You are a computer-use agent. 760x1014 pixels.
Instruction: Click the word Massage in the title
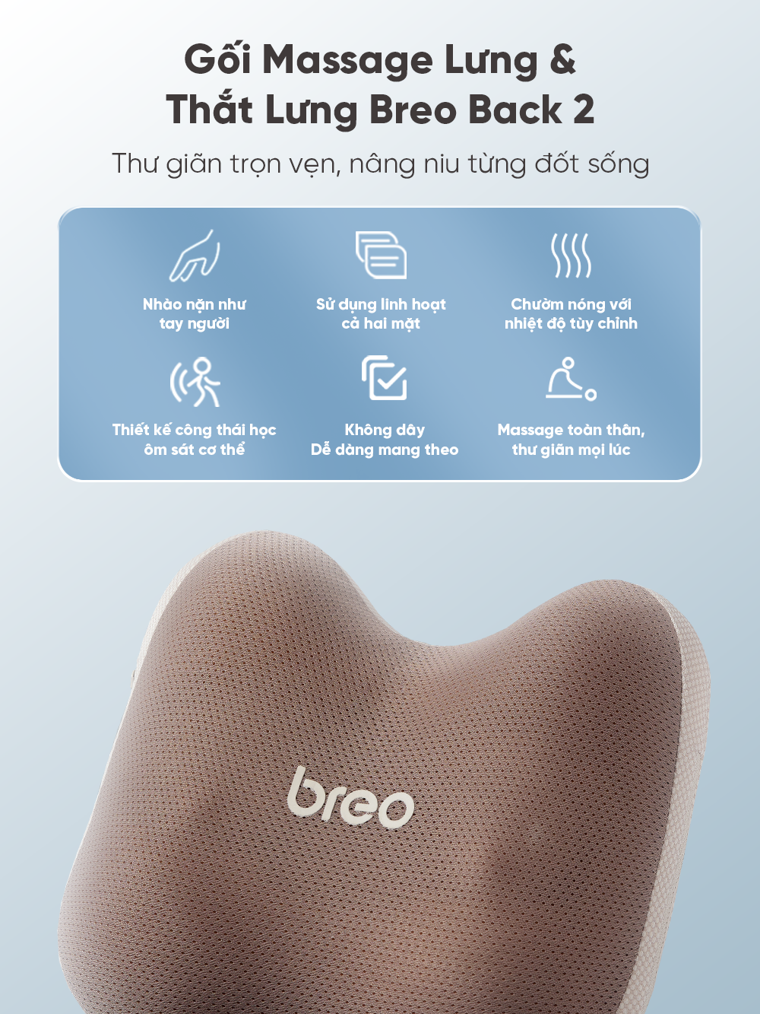point(347,61)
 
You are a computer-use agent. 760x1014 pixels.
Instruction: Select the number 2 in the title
point(583,110)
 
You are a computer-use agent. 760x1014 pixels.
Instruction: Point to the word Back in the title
point(515,110)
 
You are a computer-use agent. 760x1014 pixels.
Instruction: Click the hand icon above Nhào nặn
point(195,256)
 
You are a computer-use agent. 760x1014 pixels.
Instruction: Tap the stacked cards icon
point(381,256)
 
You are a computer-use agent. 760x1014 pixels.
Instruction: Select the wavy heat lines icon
point(571,256)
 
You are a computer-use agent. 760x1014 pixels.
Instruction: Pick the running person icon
point(195,382)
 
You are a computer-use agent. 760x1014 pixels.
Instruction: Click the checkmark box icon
point(384,378)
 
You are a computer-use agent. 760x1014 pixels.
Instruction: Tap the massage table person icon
point(571,379)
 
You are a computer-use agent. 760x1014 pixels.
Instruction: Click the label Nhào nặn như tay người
point(195,313)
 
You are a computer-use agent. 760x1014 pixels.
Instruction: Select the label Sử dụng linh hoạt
point(381,304)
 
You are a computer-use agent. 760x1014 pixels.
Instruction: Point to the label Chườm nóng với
point(571,304)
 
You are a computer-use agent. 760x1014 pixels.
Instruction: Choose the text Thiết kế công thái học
point(194,430)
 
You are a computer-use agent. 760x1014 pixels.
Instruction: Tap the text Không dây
point(385,430)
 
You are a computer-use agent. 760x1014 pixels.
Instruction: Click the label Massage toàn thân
point(571,430)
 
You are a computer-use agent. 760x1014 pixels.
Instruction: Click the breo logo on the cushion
point(350,798)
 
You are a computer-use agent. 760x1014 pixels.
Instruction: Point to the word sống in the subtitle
point(616,164)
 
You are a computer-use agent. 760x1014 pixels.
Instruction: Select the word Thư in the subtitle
point(135,164)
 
